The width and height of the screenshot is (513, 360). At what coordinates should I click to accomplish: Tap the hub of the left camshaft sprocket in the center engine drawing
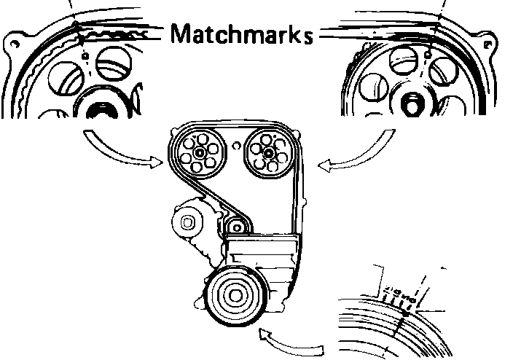[200, 155]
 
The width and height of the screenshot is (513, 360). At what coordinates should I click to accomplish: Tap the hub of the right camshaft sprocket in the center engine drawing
[267, 152]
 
